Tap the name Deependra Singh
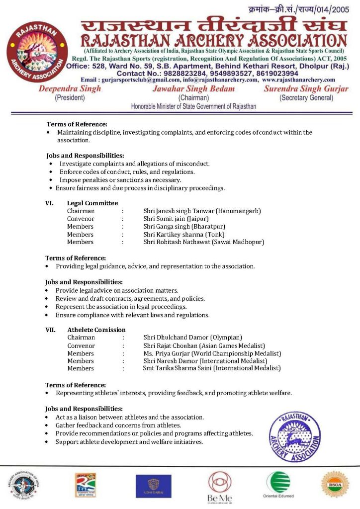pyautogui.click(x=70, y=89)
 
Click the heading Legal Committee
pyautogui.click(x=92, y=203)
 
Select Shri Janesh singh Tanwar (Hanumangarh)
pyautogui.click(x=202, y=211)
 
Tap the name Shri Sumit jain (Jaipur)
pyautogui.click(x=176, y=219)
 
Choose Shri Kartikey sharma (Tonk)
pyautogui.click(x=183, y=234)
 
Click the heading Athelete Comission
pyautogui.click(x=96, y=330)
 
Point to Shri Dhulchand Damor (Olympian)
pyautogui.click(x=192, y=338)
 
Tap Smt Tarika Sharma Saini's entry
pyautogui.click(x=211, y=368)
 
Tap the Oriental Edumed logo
pyautogui.click(x=277, y=485)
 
